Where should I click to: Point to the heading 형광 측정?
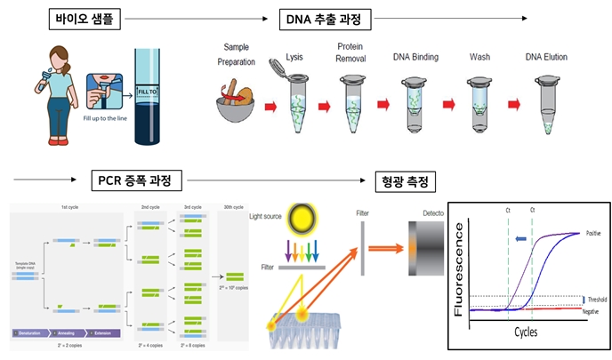pos(405,182)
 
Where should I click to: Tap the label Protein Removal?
pos(354,53)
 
